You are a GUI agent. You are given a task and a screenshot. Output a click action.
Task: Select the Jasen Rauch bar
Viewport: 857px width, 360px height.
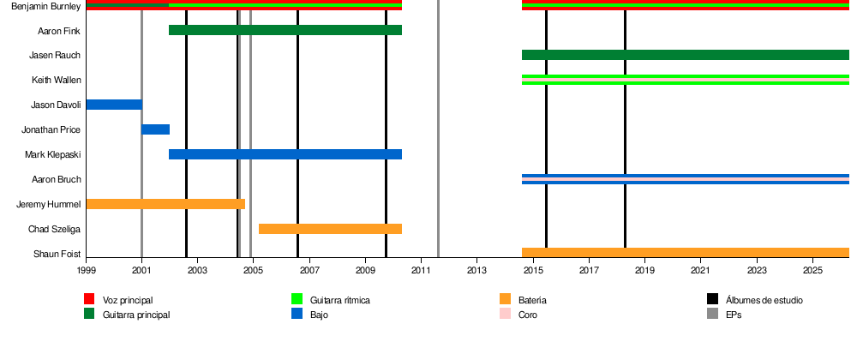pyautogui.click(x=685, y=55)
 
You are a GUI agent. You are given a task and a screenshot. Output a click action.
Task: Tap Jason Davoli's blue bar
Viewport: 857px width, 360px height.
pyautogui.click(x=114, y=105)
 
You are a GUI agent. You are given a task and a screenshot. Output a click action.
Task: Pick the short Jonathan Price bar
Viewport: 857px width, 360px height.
pyautogui.click(x=155, y=129)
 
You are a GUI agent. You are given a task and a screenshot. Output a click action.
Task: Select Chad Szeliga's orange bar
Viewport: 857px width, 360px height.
pyautogui.click(x=330, y=229)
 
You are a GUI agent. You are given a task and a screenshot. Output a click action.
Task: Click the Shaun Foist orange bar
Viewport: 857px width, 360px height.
pyautogui.click(x=685, y=253)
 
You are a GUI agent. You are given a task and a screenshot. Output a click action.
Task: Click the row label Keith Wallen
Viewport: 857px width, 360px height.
pyautogui.click(x=57, y=81)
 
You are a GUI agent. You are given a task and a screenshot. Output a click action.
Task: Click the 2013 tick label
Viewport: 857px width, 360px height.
pyautogui.click(x=476, y=271)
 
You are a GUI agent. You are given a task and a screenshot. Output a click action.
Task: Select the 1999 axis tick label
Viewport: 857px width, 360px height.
pyautogui.click(x=87, y=271)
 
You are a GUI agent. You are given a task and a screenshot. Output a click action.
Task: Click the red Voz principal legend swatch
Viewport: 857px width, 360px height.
pyautogui.click(x=89, y=300)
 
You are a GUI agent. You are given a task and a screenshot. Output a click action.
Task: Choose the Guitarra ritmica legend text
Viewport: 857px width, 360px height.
pyautogui.click(x=340, y=301)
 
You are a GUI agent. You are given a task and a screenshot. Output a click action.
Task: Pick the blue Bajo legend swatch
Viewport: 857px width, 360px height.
pyautogui.click(x=297, y=315)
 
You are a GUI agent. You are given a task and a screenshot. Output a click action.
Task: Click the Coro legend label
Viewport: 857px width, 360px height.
pyautogui.click(x=528, y=315)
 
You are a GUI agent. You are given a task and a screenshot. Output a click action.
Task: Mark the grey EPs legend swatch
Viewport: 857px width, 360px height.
pyautogui.click(x=712, y=315)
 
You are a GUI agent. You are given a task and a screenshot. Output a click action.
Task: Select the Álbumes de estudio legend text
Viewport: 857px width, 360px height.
pyautogui.click(x=764, y=301)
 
